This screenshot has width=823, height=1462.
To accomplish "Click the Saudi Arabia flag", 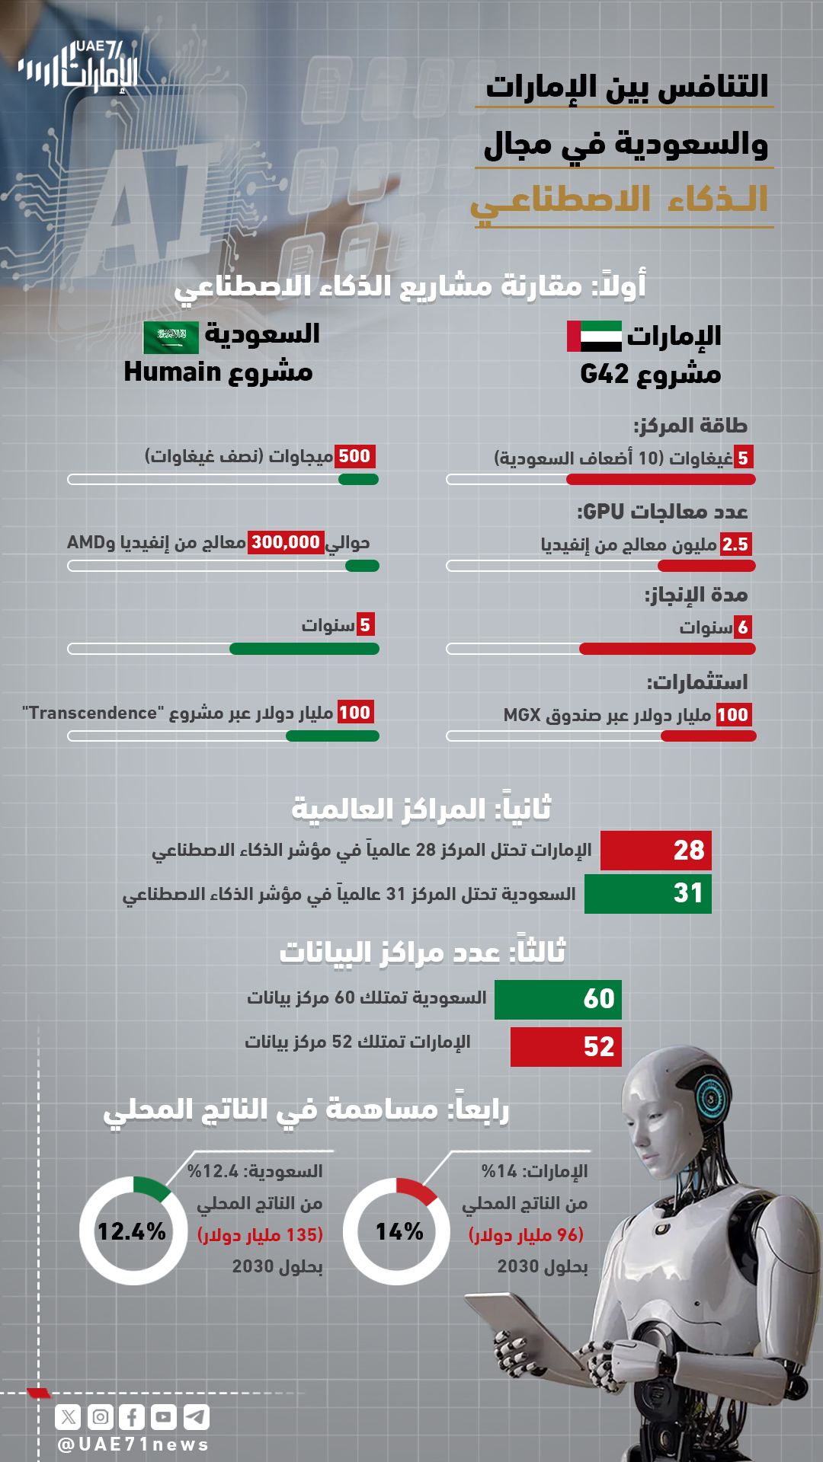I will click(x=171, y=337).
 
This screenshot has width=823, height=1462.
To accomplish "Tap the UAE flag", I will click(x=594, y=336).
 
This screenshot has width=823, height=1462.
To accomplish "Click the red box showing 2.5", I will click(x=736, y=544).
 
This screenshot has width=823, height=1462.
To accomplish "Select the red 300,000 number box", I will click(x=286, y=542).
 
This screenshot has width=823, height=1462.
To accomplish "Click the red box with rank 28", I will click(x=655, y=850).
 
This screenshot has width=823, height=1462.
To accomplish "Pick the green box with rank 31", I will click(x=648, y=893).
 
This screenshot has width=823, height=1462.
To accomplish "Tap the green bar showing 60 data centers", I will click(x=558, y=999).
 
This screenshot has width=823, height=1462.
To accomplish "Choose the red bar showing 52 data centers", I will click(x=565, y=1047).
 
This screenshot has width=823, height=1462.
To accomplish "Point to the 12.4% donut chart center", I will click(x=133, y=1231).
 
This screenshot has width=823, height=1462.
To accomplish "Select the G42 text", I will click(x=604, y=374).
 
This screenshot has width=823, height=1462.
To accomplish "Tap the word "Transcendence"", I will click(x=93, y=713).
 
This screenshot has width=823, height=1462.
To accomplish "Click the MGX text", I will click(x=522, y=715).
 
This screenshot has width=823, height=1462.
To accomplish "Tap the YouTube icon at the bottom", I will click(x=164, y=1417).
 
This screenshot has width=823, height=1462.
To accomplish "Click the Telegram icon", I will click(x=197, y=1417).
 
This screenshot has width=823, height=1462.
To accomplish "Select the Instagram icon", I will click(x=101, y=1417).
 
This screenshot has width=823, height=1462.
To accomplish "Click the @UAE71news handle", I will click(x=133, y=1444).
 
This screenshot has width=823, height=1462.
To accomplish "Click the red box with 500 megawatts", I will click(x=354, y=456).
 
